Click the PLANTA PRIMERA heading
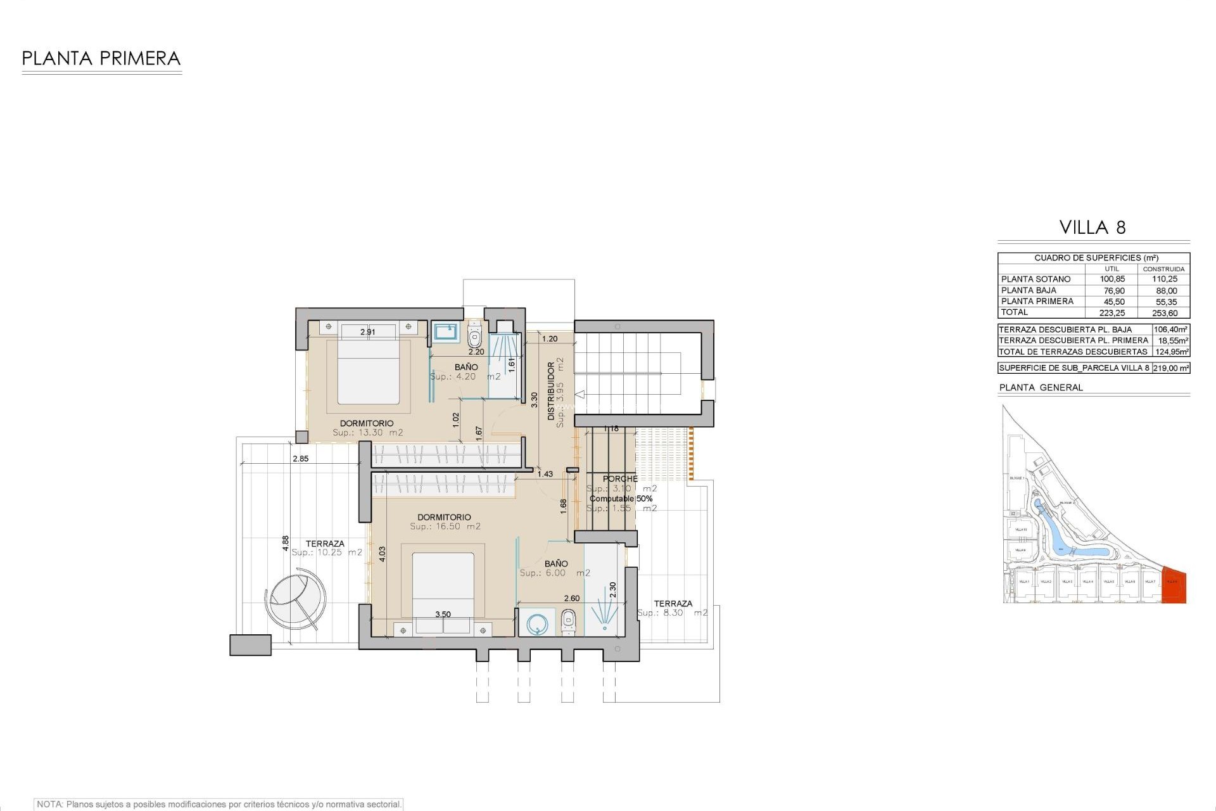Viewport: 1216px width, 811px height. (101, 59)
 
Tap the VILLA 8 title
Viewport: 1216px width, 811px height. (1093, 227)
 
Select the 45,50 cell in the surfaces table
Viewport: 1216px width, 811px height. (1111, 302)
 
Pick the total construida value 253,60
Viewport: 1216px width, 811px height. (1164, 313)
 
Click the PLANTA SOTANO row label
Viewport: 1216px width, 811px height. (1035, 279)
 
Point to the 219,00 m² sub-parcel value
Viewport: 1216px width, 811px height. (1171, 368)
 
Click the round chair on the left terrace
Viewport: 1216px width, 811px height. (296, 596)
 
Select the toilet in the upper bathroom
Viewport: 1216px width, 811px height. (474, 331)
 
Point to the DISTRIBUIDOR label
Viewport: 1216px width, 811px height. (551, 391)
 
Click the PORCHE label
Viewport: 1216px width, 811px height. (620, 478)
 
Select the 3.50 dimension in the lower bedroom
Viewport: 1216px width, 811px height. (443, 614)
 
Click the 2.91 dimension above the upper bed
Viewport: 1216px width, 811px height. (368, 331)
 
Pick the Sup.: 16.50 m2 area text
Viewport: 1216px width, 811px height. (445, 527)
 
